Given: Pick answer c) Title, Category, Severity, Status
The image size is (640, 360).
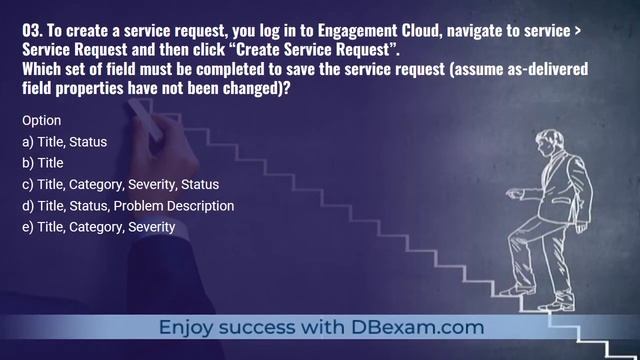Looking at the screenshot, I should tap(120, 184).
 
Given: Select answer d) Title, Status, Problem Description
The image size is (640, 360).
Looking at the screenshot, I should tap(128, 205).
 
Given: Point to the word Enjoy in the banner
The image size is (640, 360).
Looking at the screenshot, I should tap(189, 327).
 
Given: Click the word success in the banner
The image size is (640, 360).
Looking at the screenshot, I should tap(264, 327).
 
